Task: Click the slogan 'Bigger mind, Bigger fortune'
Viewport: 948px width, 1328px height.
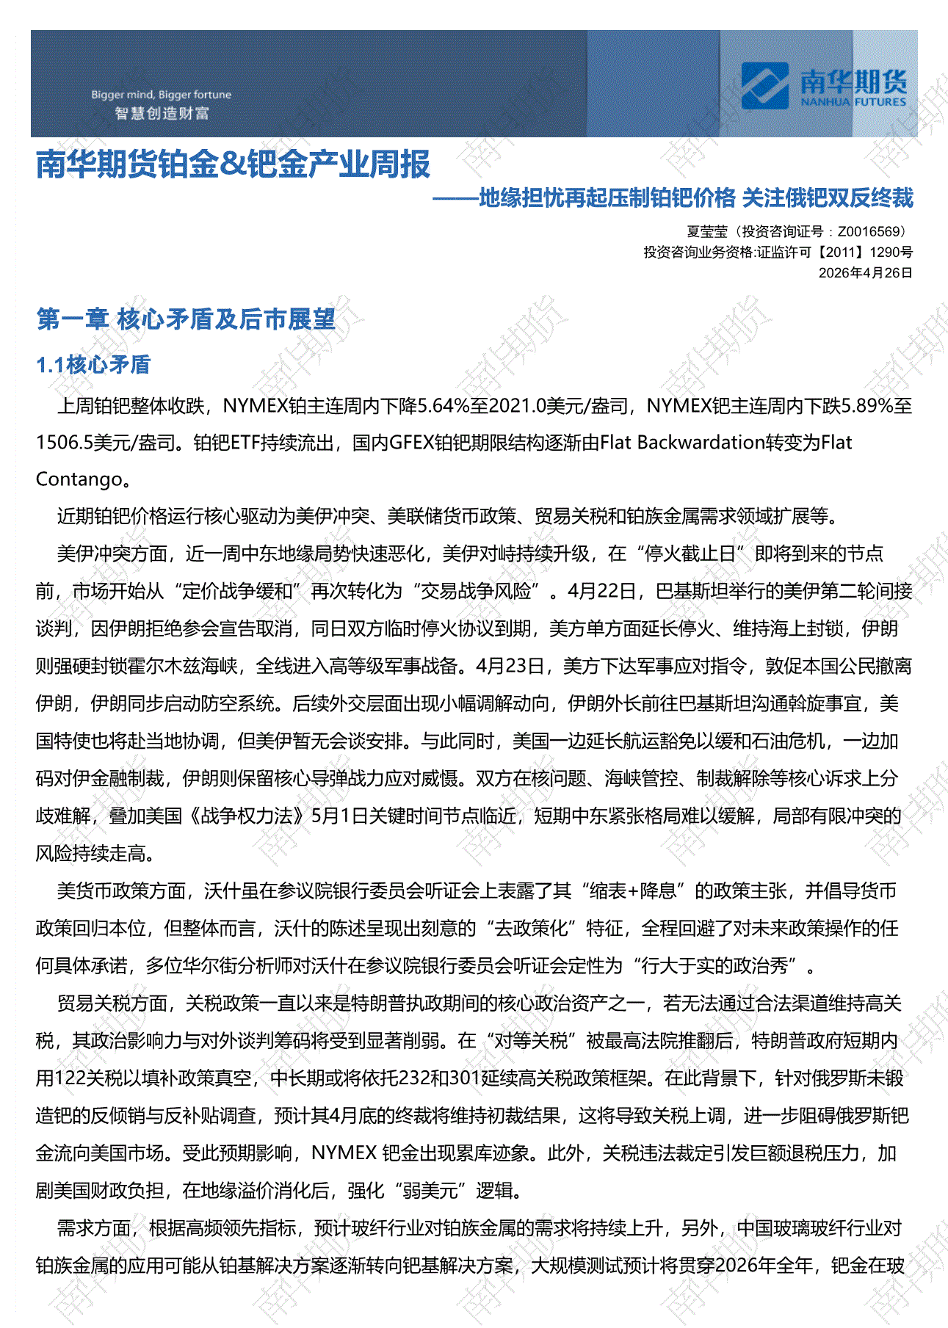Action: point(161,95)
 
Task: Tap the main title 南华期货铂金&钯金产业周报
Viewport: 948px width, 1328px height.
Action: point(233,164)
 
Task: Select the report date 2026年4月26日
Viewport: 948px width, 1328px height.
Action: point(865,272)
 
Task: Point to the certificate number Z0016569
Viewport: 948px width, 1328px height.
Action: point(870,232)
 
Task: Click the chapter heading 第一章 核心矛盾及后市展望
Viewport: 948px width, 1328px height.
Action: point(186,319)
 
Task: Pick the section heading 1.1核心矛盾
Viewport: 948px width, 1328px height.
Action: point(93,365)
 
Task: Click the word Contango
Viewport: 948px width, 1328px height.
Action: point(79,480)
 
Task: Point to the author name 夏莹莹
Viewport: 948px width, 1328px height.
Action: point(706,232)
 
